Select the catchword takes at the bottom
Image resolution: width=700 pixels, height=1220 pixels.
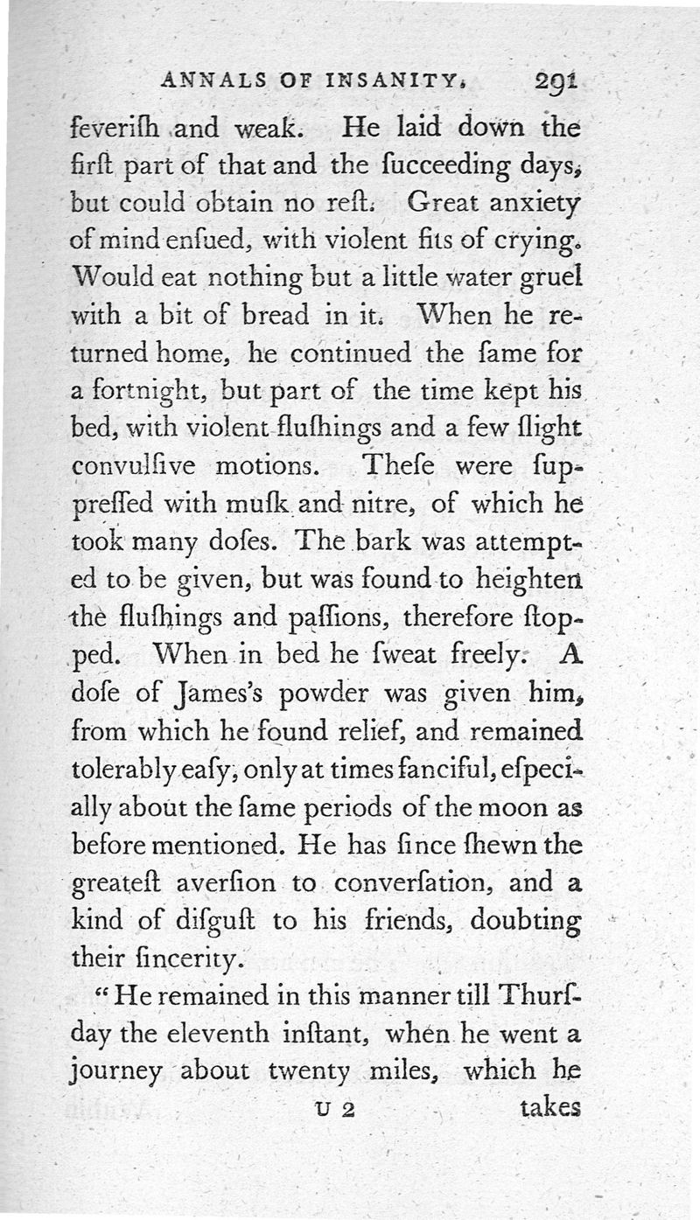click(549, 1109)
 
